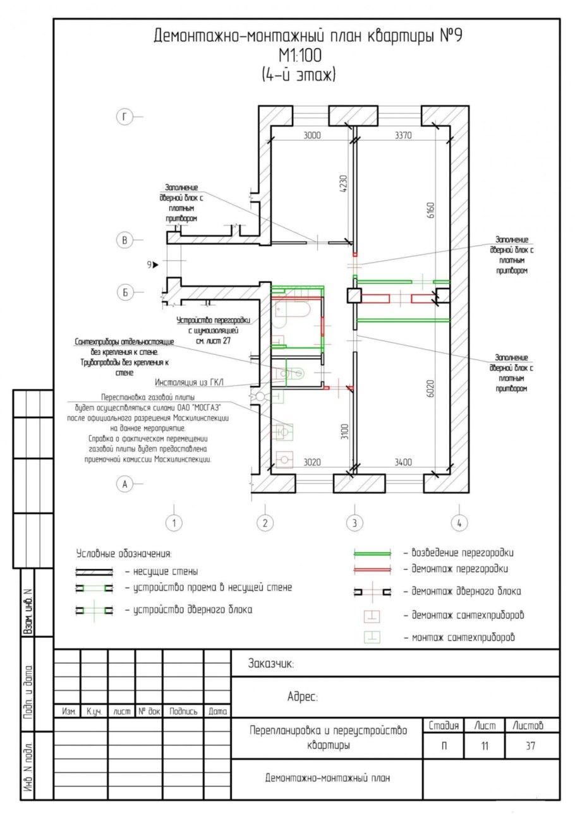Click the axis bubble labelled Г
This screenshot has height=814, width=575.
pyautogui.click(x=125, y=116)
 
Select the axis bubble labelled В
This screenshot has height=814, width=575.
pyautogui.click(x=125, y=240)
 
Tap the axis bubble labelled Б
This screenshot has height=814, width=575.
pyautogui.click(x=125, y=292)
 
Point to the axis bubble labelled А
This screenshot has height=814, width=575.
pyautogui.click(x=125, y=484)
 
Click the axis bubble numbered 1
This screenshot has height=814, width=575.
pyautogui.click(x=174, y=523)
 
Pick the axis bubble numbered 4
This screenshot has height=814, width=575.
pyautogui.click(x=459, y=523)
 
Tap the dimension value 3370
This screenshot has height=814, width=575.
pyautogui.click(x=407, y=135)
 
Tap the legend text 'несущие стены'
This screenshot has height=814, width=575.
pyautogui.click(x=161, y=572)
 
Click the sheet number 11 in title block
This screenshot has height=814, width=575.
pyautogui.click(x=484, y=746)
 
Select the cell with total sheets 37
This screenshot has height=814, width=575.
pyautogui.click(x=530, y=746)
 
